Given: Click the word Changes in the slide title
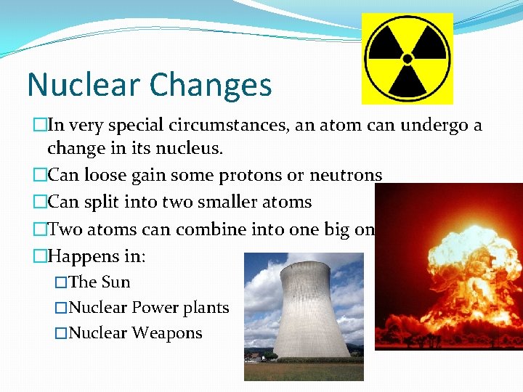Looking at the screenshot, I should [x=211, y=85].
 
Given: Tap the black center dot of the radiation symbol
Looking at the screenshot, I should [x=408, y=58].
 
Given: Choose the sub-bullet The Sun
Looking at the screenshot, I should [x=100, y=282].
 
